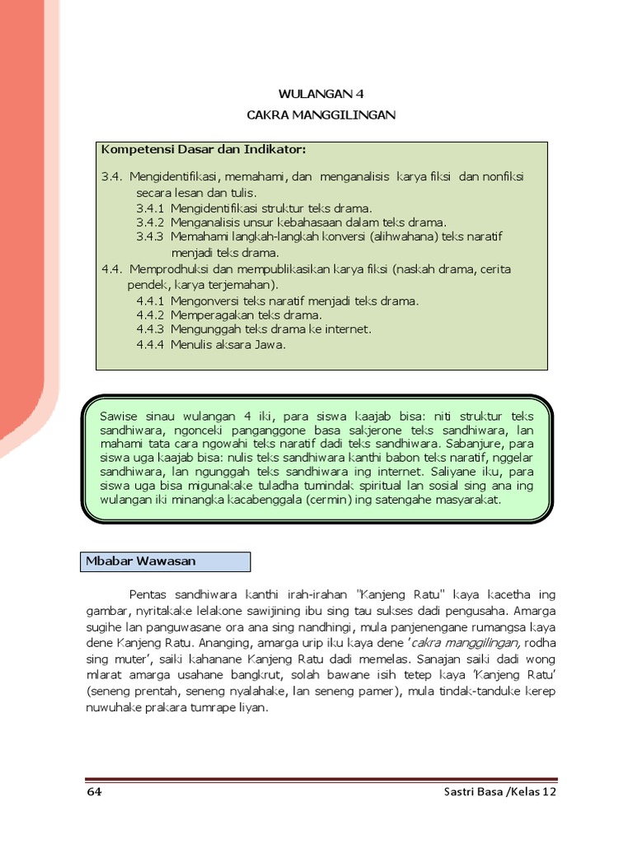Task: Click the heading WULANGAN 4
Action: click(321, 95)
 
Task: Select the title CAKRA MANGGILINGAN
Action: click(321, 115)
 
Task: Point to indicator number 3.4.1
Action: click(151, 207)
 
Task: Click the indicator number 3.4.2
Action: click(151, 221)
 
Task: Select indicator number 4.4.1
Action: click(151, 300)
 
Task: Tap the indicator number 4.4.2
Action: click(151, 314)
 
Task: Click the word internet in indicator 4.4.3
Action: click(346, 329)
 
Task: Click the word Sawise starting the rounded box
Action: click(118, 416)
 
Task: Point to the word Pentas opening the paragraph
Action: click(148, 594)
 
